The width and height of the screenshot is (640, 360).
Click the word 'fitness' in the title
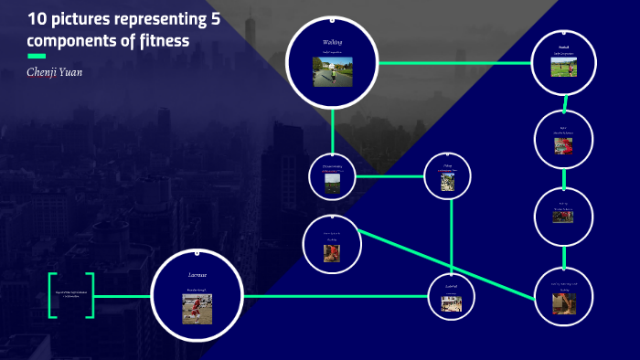click(162, 42)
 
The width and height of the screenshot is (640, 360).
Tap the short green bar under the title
click(37, 57)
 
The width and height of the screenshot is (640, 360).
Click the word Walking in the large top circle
click(332, 42)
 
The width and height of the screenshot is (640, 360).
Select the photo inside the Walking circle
click(332, 71)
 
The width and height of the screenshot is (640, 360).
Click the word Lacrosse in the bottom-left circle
click(197, 274)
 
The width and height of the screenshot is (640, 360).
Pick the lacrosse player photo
click(197, 309)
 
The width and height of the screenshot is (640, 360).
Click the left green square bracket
click(53, 295)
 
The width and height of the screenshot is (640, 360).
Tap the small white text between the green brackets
click(72, 294)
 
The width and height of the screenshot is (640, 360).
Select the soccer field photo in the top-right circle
click(564, 68)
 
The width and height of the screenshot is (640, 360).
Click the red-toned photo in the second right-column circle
click(564, 145)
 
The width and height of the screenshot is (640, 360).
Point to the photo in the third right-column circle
click(564, 217)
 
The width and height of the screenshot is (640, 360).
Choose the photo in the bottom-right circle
click(564, 303)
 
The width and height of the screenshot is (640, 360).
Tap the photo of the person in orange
click(332, 252)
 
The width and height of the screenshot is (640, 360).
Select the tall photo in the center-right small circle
click(448, 183)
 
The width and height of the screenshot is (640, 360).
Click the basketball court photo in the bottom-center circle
click(452, 303)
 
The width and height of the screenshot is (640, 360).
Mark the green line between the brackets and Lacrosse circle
click(123, 296)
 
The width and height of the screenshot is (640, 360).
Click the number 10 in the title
click(37, 18)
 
